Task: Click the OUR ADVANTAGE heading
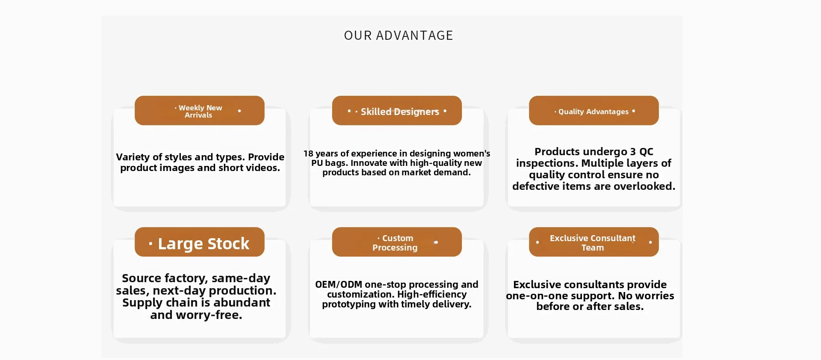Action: [398, 35]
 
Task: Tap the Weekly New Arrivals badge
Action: [199, 111]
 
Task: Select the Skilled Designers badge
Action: [397, 111]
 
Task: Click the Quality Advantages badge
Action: [594, 111]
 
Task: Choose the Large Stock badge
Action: [199, 242]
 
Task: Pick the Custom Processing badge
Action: [397, 242]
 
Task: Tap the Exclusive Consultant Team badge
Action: [594, 242]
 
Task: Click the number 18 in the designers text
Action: [308, 153]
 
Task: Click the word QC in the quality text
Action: [646, 152]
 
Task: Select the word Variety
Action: [133, 157]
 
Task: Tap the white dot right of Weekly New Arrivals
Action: [239, 111]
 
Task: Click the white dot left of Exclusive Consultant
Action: [537, 242]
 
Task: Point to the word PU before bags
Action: [317, 163]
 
